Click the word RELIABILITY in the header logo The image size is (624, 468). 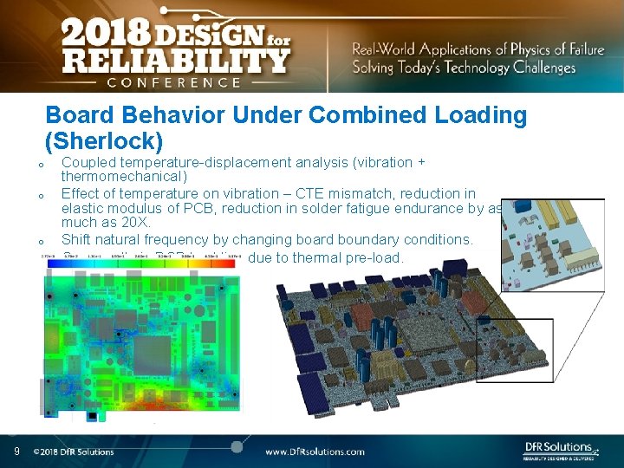(x=174, y=62)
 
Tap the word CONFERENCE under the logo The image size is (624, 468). (x=173, y=82)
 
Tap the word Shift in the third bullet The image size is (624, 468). (x=77, y=239)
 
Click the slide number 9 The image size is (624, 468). (x=16, y=451)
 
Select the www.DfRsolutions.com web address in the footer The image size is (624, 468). (x=315, y=452)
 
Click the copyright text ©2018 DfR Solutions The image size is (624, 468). (x=74, y=452)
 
